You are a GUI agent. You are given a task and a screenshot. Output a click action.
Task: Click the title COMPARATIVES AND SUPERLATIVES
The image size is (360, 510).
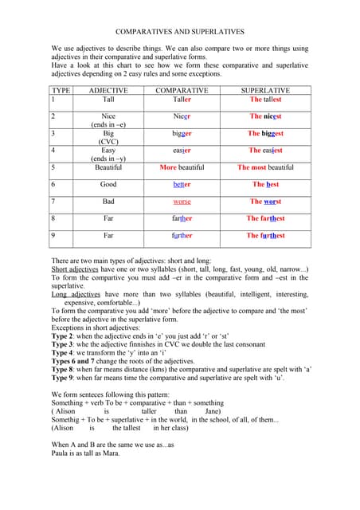pos(179,32)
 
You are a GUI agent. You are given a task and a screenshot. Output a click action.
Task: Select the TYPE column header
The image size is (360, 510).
pos(61,91)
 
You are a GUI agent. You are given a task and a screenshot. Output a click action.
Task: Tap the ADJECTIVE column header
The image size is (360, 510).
pos(108,91)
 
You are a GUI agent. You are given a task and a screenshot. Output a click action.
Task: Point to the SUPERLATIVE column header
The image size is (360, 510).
pos(265,91)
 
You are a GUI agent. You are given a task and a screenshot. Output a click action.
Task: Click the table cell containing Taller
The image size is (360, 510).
pos(182,100)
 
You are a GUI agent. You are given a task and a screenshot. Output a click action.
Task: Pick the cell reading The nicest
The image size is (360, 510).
pos(265,116)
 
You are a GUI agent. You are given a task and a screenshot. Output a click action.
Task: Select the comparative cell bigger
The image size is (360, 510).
pos(182,133)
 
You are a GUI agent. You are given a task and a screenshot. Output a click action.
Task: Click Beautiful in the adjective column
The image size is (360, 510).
pos(108,167)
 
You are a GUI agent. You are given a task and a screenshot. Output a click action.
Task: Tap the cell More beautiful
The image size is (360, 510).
pos(182,167)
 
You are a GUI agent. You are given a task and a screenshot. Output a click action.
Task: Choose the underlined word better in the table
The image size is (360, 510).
pos(182,184)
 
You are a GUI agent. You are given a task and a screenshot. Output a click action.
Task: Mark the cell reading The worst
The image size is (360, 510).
pos(265,202)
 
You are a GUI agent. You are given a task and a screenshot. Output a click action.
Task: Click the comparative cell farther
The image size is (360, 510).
pos(182,218)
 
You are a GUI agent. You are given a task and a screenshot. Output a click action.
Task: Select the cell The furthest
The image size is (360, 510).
pos(265,235)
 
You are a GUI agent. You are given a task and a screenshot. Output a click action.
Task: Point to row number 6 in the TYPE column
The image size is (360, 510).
pos(53,184)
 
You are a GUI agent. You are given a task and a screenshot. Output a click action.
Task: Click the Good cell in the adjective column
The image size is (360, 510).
pos(108,184)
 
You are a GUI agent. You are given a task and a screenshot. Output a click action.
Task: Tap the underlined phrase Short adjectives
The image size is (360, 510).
pos(76,269)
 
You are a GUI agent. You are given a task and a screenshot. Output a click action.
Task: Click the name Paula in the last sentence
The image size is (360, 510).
pos(61,453)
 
